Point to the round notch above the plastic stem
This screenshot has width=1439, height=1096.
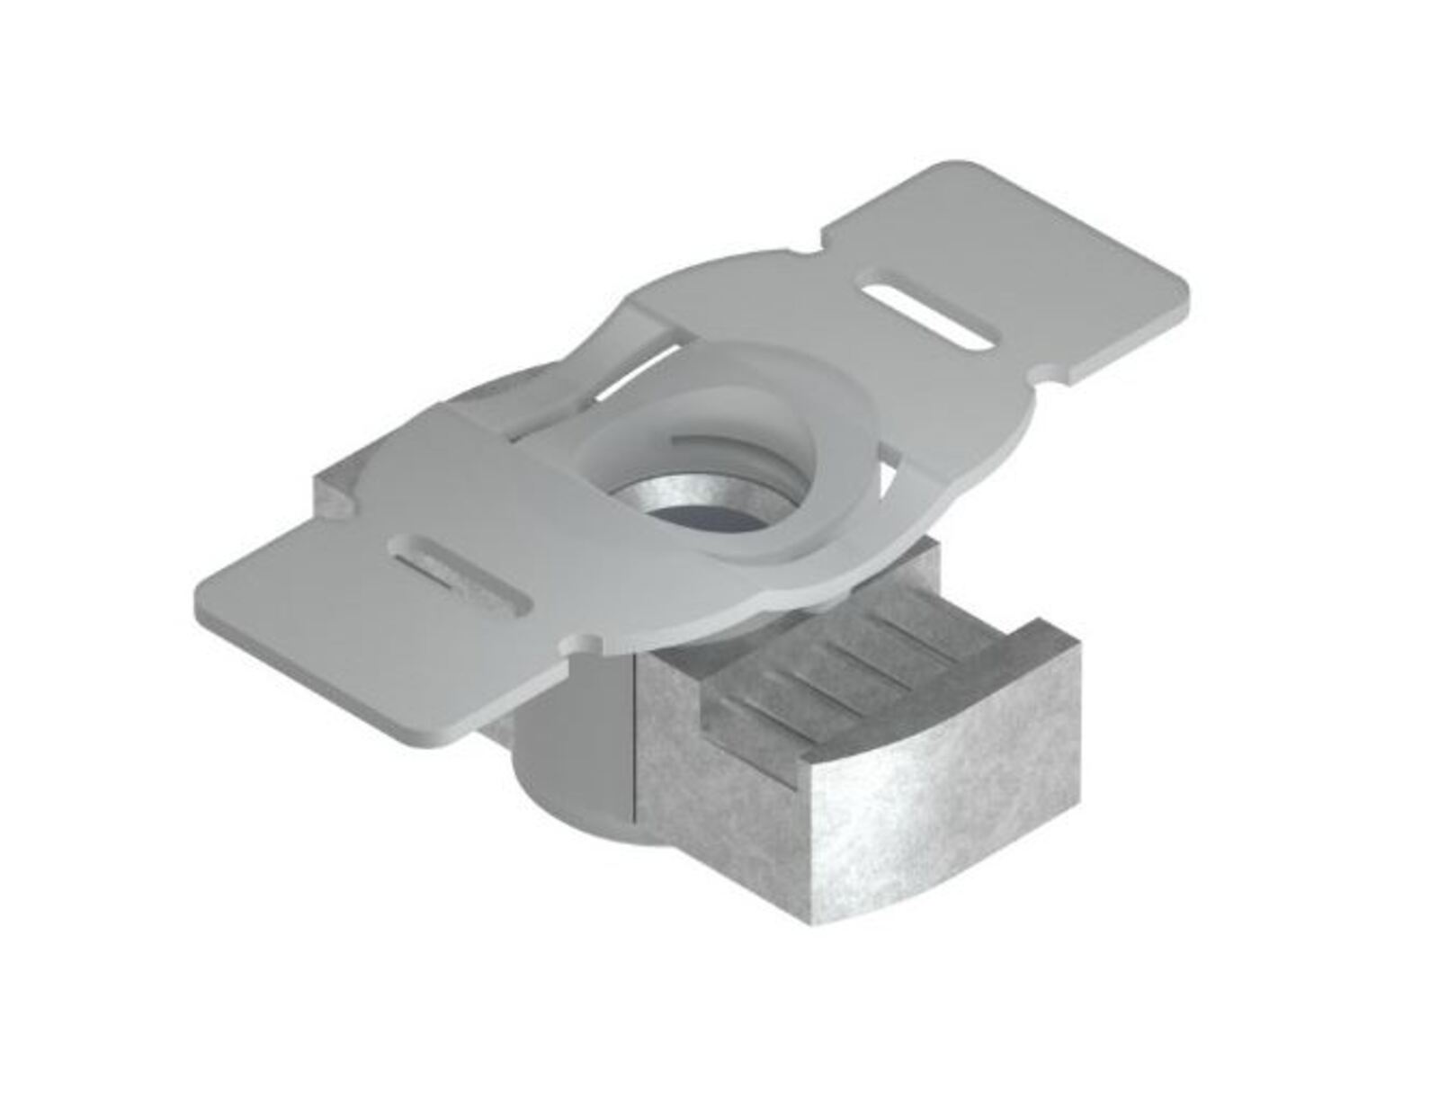(585, 643)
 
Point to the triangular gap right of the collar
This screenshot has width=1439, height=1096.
(890, 468)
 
